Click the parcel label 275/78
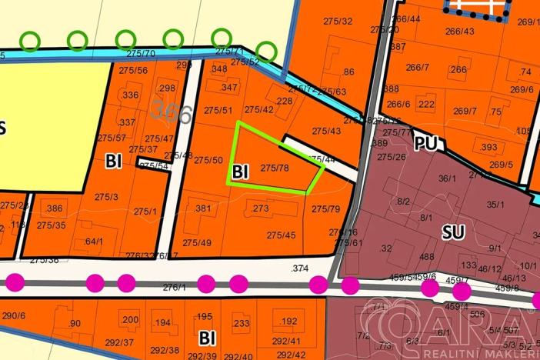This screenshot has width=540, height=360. click(275, 167)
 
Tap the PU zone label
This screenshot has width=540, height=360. click(425, 143)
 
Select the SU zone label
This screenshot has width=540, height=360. click(454, 230)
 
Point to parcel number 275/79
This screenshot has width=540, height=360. click(325, 208)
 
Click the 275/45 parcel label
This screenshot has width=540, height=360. click(281, 235)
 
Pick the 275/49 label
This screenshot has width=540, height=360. click(197, 242)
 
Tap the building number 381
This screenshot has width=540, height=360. click(203, 208)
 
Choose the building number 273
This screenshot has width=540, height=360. click(260, 208)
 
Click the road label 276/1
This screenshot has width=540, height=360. click(175, 286)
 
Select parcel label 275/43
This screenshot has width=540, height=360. click(326, 131)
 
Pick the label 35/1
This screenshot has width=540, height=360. click(495, 205)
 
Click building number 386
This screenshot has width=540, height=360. click(54, 208)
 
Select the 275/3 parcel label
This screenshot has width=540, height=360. click(106, 197)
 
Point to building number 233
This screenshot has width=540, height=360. click(241, 324)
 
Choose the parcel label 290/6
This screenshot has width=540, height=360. click(14, 315)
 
